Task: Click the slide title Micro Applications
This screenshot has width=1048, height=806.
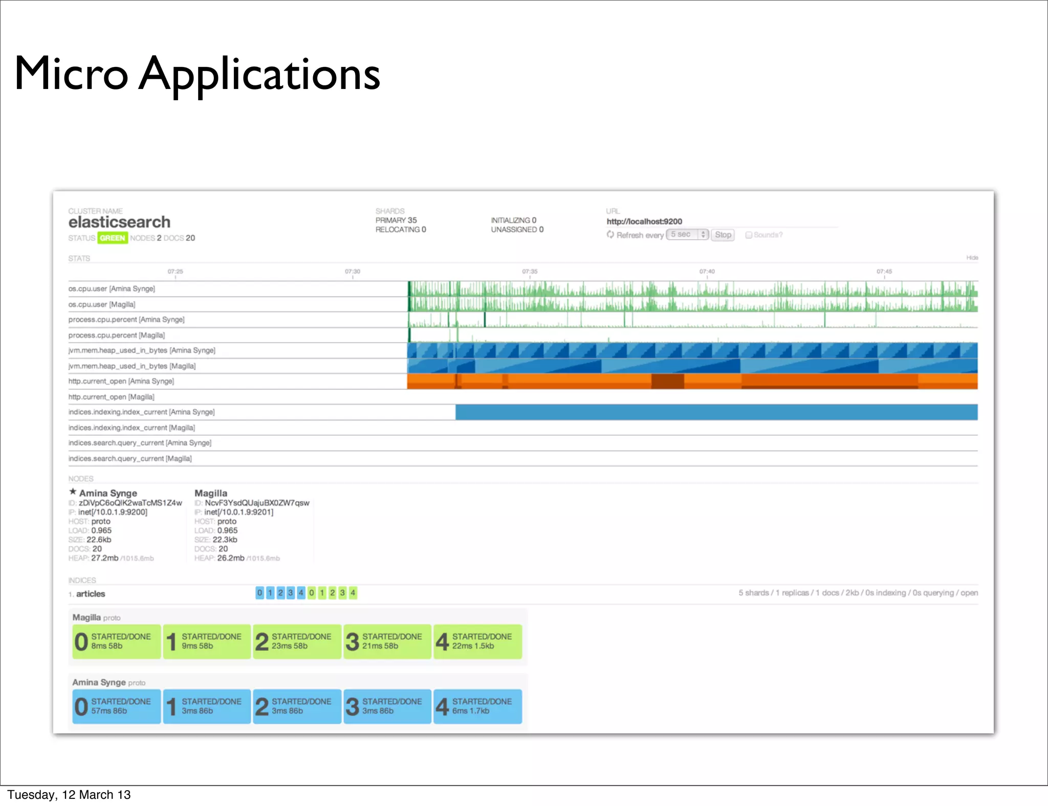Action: [x=197, y=74]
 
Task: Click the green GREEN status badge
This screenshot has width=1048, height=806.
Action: [x=113, y=238]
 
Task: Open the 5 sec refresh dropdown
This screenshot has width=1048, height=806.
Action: [x=687, y=234]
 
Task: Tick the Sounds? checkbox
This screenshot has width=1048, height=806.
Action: [x=749, y=235]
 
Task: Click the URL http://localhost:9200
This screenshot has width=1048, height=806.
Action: [x=644, y=221]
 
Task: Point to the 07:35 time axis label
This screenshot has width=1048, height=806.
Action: [x=530, y=272]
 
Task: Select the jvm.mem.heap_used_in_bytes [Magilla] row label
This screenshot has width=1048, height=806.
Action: [x=132, y=366]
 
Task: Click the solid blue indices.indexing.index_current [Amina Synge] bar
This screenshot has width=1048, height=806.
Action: [x=716, y=412]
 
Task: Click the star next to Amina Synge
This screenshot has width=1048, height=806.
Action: [x=73, y=492]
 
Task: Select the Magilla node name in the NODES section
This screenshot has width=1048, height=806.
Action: [x=211, y=493]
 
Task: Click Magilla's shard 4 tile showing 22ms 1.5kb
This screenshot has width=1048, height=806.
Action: [x=478, y=641]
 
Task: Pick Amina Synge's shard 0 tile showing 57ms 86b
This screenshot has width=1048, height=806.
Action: [x=117, y=706]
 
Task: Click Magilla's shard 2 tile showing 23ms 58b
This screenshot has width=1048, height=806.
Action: [x=297, y=641]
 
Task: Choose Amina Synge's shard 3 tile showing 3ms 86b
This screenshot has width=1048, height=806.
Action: [x=387, y=706]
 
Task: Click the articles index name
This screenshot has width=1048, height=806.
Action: [x=91, y=594]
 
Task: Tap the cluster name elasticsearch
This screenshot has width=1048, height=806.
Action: [x=119, y=222]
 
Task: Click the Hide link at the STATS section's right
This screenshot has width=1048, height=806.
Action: [x=972, y=258]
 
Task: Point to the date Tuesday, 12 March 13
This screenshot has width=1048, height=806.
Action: [x=69, y=795]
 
